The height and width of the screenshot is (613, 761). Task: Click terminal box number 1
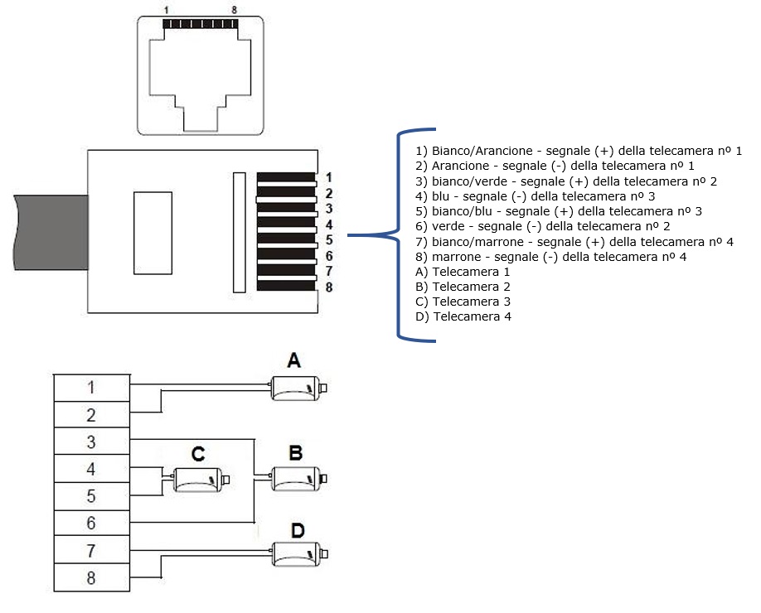(x=92, y=388)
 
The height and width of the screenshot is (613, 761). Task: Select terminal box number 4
(x=92, y=469)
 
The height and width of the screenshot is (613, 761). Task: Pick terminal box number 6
(x=92, y=523)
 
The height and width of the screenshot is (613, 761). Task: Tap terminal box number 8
(x=92, y=577)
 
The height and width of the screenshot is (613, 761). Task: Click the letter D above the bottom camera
(x=298, y=530)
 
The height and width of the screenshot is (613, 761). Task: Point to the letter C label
(x=198, y=455)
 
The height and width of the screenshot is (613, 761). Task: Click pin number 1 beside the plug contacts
(x=328, y=177)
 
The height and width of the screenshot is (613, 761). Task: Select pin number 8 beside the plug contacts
(x=329, y=287)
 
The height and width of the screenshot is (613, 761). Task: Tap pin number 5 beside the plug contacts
(x=329, y=240)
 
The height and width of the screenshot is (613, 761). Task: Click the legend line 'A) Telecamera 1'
(x=463, y=272)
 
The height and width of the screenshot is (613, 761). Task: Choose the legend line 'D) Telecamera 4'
(x=463, y=316)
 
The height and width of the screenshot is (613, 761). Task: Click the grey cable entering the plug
(x=51, y=232)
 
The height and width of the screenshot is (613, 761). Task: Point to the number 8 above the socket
(x=235, y=10)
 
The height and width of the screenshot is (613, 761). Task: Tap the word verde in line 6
(x=448, y=226)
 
